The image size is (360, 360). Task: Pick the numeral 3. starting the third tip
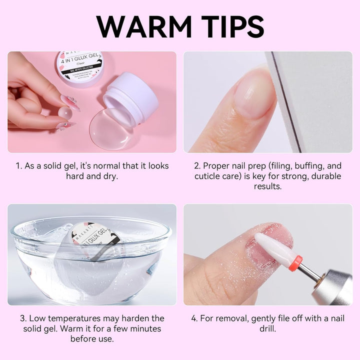pyautogui.click(x=23, y=318)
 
